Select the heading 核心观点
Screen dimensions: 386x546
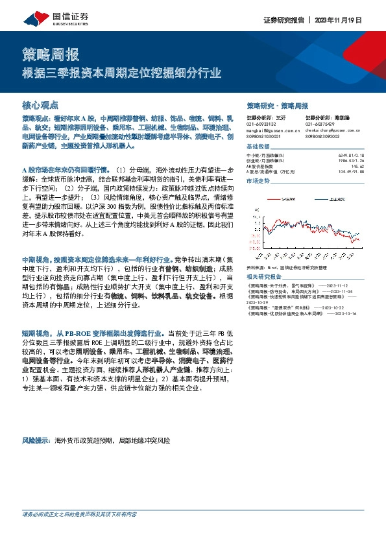40,104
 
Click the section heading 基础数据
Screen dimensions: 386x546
258,147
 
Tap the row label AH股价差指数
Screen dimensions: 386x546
259,166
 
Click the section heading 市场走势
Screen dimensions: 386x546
258,182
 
